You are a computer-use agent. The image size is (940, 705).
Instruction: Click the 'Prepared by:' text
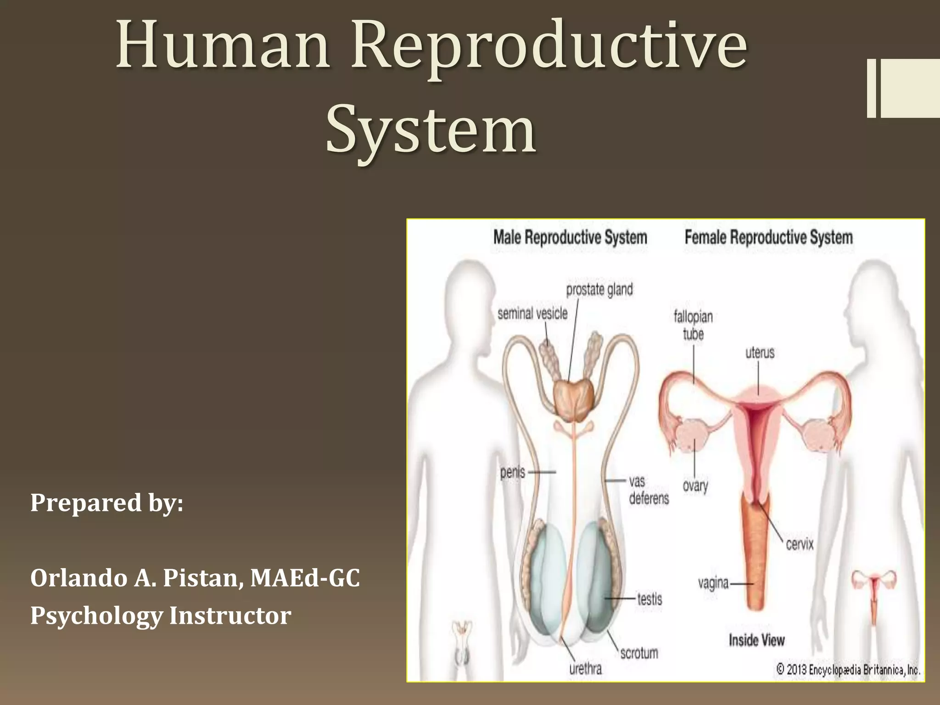point(106,503)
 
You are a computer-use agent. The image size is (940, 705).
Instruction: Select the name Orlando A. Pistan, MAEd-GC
point(195,578)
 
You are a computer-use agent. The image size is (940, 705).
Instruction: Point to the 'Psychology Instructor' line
point(161,615)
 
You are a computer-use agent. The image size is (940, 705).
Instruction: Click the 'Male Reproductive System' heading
point(570,238)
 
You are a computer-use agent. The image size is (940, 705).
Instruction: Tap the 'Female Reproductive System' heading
point(769,238)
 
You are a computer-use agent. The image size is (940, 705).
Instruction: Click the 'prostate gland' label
point(599,290)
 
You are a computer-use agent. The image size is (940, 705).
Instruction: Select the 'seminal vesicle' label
point(532,314)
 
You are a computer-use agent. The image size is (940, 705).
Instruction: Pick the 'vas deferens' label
point(648,490)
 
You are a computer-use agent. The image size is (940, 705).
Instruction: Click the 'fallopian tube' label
point(693,325)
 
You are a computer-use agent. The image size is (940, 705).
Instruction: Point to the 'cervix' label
point(800,544)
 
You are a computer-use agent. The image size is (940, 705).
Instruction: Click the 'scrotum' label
point(639,653)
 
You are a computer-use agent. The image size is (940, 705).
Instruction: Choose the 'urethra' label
point(585,669)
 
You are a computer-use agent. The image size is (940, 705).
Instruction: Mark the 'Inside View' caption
point(757,640)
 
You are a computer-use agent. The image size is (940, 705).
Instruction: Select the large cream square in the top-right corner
point(910,88)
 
